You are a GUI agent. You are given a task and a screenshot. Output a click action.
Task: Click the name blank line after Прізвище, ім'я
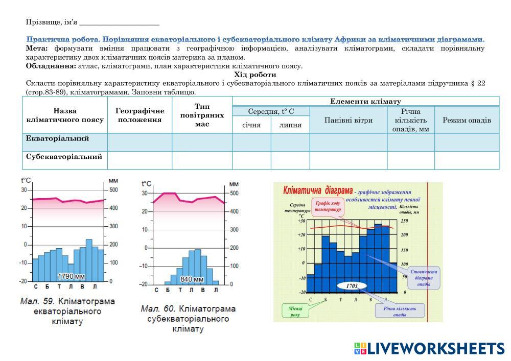120,23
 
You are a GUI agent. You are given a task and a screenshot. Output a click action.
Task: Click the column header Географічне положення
140,115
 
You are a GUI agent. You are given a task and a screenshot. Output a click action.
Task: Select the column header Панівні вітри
349,121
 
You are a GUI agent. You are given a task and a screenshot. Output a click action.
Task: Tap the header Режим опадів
467,121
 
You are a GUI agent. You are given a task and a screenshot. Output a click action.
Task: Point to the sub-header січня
251,125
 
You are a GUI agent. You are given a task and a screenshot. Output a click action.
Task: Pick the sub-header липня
290,125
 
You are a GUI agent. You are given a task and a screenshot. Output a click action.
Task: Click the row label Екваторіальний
57,139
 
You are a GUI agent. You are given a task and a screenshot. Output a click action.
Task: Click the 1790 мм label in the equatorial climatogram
71,276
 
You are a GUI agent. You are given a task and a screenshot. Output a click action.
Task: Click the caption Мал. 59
34,301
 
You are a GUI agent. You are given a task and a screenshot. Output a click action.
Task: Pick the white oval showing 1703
352,286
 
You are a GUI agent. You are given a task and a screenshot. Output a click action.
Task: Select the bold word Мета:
36,48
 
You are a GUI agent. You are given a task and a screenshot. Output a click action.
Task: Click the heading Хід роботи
255,75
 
